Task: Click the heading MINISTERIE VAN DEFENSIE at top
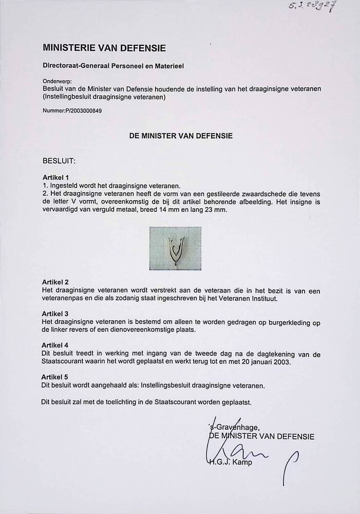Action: [x=104, y=48]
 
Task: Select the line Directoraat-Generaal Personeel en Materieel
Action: [x=113, y=66]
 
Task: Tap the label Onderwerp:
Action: [x=58, y=81]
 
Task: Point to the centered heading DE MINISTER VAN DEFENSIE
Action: [x=180, y=136]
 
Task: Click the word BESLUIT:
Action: [x=59, y=160]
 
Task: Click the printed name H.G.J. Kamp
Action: [x=231, y=462]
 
